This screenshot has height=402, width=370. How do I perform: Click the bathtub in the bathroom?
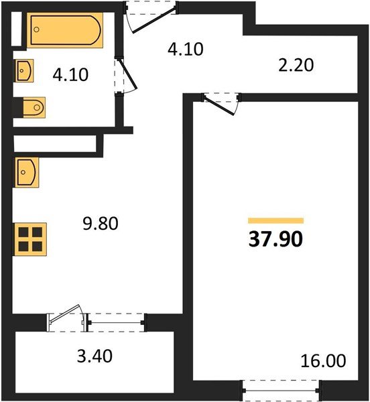click(65, 31)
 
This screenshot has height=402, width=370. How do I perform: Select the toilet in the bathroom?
click(30, 106)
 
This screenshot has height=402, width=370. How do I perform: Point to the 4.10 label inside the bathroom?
click(72, 74)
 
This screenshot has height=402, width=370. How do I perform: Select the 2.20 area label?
click(296, 65)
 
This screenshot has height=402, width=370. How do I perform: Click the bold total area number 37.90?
click(275, 240)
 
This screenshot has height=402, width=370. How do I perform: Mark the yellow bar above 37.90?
click(275, 220)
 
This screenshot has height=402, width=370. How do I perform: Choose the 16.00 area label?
click(324, 362)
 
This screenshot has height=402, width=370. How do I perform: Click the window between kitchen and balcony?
click(117, 322)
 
